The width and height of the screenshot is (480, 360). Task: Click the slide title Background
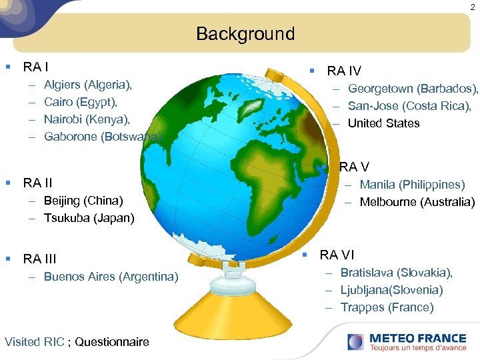pos(245,34)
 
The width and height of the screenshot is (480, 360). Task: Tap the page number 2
pos(471,7)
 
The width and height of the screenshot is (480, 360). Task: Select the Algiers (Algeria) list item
pos(88,85)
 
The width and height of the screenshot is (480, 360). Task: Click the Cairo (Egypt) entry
pos(80,102)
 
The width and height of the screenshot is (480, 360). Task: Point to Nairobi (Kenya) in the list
pos(87,119)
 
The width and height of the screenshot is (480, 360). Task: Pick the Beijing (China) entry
pos(83,201)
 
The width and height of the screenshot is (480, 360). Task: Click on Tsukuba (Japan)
pos(89,218)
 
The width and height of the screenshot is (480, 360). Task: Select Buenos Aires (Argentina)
pos(111,277)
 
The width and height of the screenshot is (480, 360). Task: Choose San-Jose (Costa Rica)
pos(409,106)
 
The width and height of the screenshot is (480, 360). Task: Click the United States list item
pos(383,123)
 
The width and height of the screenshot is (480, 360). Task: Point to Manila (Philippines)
pos(412,185)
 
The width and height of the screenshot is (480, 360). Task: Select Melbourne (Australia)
pos(417,202)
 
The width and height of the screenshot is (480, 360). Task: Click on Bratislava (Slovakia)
pos(396,273)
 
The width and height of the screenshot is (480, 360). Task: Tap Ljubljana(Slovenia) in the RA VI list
pos(391,290)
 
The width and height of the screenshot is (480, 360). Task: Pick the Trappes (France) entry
pos(387,307)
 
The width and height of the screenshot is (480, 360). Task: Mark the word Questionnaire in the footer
pos(112,342)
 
